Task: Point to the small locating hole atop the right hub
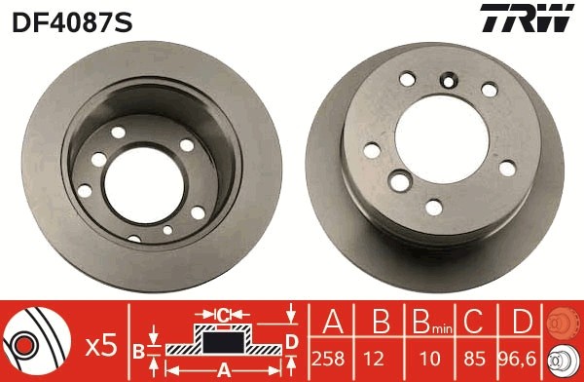(x=449, y=81)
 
